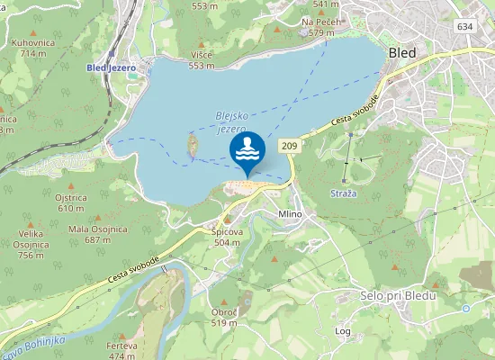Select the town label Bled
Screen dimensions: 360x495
401,52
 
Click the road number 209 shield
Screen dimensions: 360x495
289,145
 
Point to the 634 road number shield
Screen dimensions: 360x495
464,26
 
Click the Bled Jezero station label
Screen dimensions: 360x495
111,67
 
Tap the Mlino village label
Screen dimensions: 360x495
290,214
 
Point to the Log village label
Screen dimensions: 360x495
343,330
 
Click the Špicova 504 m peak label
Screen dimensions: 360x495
226,237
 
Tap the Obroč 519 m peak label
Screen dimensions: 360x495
223,317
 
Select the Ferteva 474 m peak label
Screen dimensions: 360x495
121,350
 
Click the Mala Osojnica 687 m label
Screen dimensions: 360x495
95,234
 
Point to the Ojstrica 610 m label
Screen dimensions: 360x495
71,202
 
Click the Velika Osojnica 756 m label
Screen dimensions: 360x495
31,244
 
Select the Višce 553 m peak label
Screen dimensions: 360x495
202,59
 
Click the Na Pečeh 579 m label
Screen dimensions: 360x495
320,27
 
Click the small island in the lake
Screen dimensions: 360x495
191,145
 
